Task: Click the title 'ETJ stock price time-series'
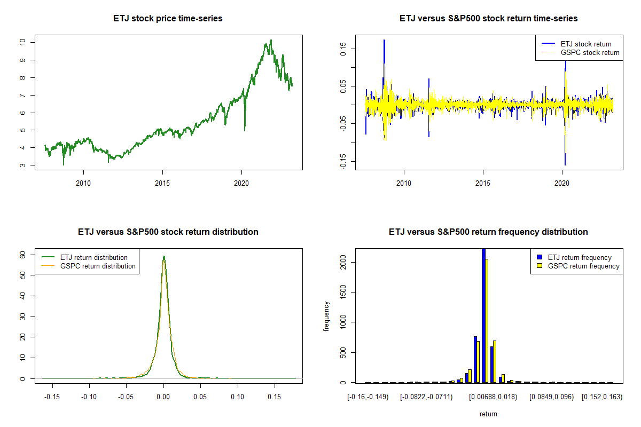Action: point(168,19)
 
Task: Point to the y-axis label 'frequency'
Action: point(326,317)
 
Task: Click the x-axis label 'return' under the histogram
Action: point(488,414)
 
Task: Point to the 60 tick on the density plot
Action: point(23,255)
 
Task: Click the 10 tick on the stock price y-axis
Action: point(23,42)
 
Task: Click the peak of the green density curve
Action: point(164,256)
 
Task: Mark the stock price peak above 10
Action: point(271,40)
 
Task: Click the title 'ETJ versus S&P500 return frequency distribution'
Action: point(488,232)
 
